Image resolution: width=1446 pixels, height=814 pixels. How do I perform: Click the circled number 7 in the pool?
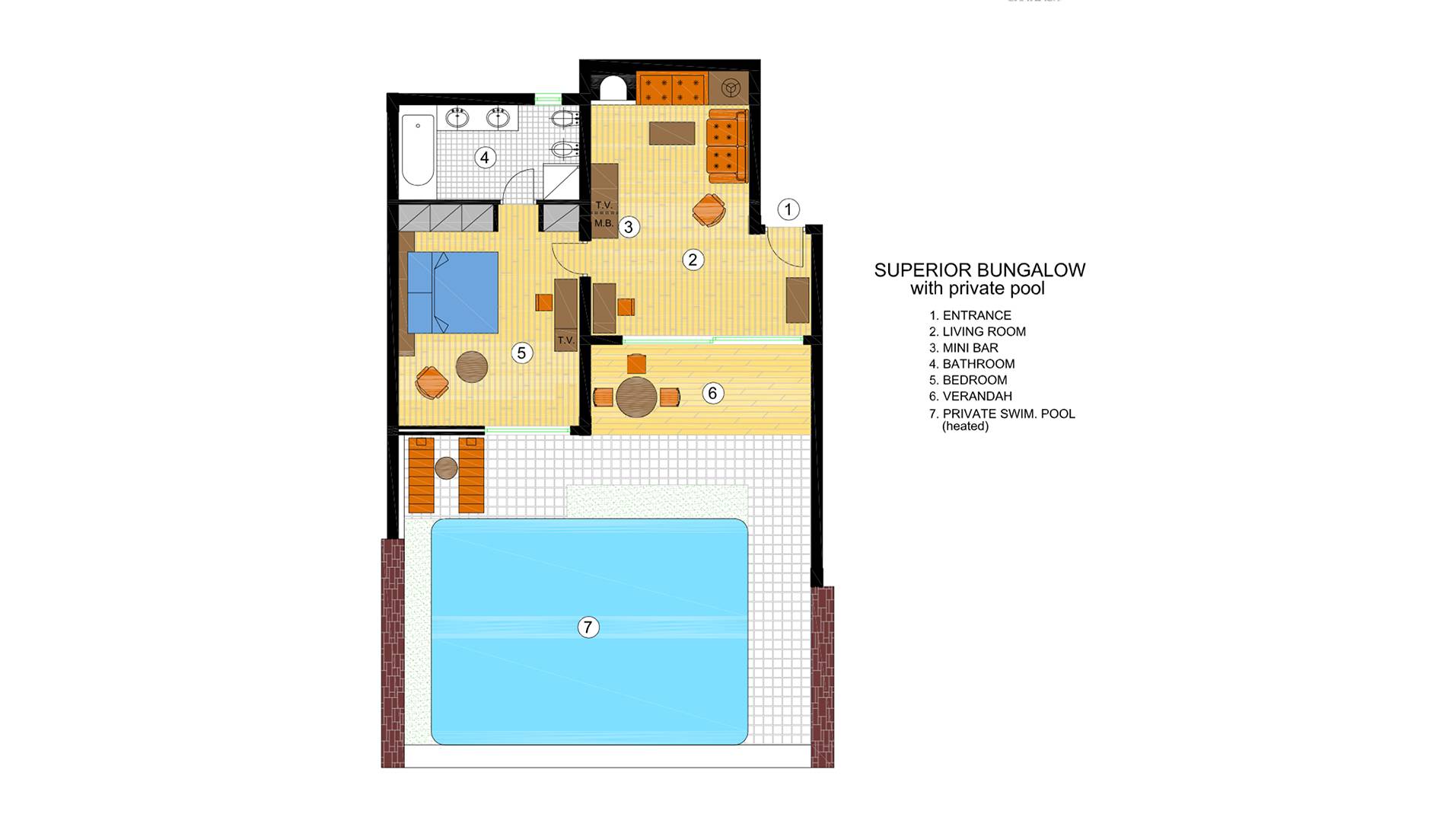tap(588, 627)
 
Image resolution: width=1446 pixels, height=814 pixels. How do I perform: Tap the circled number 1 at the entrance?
tap(788, 209)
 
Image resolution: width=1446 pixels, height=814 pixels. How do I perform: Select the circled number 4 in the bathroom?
tap(485, 158)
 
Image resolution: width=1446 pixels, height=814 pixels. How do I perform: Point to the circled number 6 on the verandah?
tap(712, 393)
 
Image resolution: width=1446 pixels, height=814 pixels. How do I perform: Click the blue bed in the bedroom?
tap(453, 292)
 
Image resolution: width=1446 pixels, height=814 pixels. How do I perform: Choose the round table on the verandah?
tap(636, 397)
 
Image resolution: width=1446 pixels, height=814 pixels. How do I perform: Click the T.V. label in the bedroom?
tap(565, 340)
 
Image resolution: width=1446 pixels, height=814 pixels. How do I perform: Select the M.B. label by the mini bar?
tap(604, 223)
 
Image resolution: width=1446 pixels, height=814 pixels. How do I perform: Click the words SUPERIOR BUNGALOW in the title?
tap(979, 270)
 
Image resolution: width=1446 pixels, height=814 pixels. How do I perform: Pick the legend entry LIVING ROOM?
tap(984, 331)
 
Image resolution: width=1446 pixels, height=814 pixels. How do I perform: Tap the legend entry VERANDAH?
tap(977, 396)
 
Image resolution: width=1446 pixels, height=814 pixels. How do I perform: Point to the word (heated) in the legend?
tap(965, 426)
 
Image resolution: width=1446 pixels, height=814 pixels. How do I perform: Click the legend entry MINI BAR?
tap(970, 348)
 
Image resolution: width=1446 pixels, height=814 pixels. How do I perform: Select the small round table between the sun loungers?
tap(446, 468)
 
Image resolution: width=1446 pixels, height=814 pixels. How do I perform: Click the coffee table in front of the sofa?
tap(672, 133)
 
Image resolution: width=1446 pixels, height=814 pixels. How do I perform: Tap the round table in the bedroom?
tap(472, 366)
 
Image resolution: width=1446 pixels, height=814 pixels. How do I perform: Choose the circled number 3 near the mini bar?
tap(629, 226)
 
